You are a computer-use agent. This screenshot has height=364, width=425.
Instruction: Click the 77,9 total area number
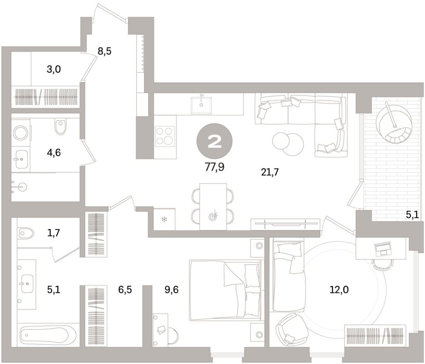214,167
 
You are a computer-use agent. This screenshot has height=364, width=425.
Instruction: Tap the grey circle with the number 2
215,141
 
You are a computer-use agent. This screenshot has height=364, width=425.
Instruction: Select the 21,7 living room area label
270,172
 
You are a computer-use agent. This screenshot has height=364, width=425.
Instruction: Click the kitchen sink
201,105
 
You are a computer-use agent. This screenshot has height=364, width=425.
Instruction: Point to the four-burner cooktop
165,136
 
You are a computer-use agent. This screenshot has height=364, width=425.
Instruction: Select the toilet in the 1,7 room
25,233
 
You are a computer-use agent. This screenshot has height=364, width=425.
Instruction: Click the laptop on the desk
382,249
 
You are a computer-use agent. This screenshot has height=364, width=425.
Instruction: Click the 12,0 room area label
339,290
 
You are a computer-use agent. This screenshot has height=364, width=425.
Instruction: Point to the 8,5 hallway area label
105,51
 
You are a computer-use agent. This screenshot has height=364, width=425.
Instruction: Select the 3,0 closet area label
54,69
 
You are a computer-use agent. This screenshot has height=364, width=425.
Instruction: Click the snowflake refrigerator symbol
164,219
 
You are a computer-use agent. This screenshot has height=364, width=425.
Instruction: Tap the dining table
213,206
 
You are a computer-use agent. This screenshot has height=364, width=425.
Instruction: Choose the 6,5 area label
125,290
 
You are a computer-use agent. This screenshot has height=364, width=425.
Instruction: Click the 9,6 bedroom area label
172,290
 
